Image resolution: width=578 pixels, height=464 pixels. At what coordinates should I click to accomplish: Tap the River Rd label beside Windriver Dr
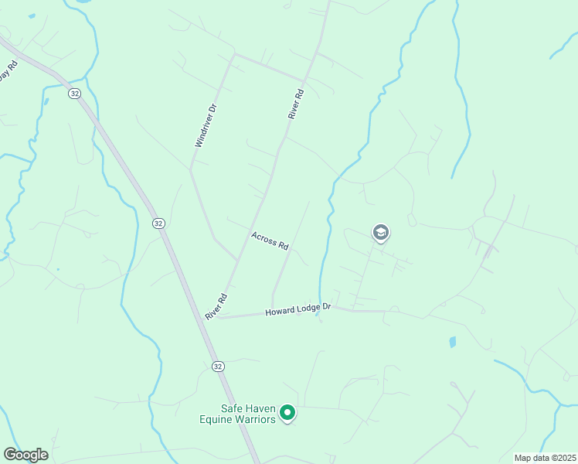[296, 103]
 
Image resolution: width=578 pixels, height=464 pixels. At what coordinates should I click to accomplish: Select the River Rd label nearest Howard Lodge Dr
[216, 306]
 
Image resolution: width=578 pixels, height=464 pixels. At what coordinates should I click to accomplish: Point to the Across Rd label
[270, 241]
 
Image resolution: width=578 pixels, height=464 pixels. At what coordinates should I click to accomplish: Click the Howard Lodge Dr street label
[297, 310]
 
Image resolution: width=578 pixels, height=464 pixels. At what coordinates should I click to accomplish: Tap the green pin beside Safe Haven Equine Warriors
[287, 414]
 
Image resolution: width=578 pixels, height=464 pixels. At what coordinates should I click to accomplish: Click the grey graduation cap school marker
[380, 232]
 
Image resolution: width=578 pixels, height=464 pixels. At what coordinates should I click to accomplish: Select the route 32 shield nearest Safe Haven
[218, 366]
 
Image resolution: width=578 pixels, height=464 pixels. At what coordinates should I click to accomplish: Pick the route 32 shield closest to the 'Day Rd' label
[74, 93]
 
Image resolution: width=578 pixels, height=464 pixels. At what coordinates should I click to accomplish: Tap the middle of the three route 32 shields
[158, 223]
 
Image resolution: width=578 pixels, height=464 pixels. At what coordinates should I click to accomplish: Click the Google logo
[25, 455]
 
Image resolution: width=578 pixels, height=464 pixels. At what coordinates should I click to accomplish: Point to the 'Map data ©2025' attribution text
[545, 458]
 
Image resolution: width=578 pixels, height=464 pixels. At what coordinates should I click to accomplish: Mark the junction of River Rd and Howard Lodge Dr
[218, 317]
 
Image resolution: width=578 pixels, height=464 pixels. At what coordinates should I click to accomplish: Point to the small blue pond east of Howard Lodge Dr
[452, 341]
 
